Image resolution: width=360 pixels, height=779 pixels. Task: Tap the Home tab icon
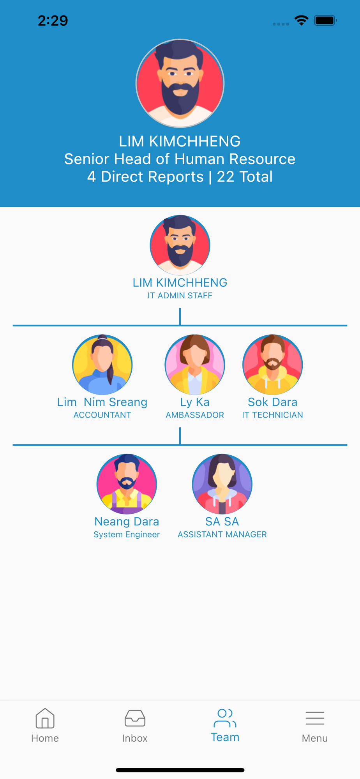pos(45,718)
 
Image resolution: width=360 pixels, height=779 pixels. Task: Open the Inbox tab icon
pos(135,718)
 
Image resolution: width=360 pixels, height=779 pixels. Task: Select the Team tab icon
pos(225,718)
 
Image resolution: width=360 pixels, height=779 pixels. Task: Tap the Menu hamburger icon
pos(315,718)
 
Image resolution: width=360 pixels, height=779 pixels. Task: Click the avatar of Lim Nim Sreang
pos(102,365)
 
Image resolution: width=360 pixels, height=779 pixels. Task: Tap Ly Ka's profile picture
pos(195,365)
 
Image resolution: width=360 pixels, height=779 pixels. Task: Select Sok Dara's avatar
pos(273,365)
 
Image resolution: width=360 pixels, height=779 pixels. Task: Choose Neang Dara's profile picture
pos(127,484)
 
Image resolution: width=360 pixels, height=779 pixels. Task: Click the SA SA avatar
pos(222,484)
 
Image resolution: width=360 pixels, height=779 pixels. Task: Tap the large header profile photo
pos(180,83)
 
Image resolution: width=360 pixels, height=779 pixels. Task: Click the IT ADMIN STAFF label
pos(180,296)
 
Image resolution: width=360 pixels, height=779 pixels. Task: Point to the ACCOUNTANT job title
pos(102,415)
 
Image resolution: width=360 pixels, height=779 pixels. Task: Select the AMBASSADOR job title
pos(195,415)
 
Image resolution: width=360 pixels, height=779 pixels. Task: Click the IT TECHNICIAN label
pos(273,415)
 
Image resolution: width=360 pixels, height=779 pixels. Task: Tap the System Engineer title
pos(127,534)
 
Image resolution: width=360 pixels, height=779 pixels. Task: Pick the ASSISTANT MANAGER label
pos(222,534)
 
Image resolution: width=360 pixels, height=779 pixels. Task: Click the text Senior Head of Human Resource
pos(180,159)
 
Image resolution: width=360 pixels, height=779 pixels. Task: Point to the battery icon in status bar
pos(325,20)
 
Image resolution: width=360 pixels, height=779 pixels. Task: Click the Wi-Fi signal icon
pos(302,20)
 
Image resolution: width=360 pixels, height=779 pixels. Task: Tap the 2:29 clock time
pos(53,20)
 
